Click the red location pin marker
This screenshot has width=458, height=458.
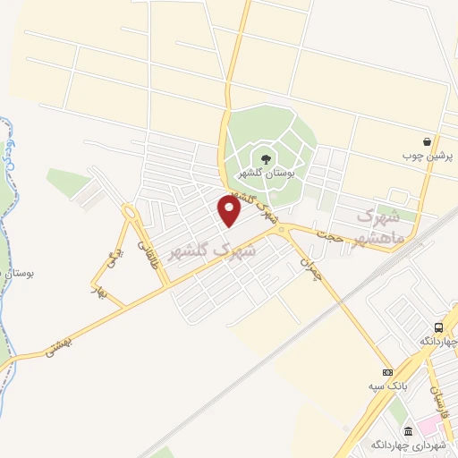coord(230,211)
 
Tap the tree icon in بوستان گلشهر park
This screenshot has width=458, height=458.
coord(265,158)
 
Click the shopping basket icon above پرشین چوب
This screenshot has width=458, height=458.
coord(428,141)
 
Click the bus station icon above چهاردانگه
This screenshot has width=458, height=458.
coord(438,328)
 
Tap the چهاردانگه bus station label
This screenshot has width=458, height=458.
coord(437,343)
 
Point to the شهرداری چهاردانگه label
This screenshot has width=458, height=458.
coord(409,443)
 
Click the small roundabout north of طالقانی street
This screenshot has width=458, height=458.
coord(131,215)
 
